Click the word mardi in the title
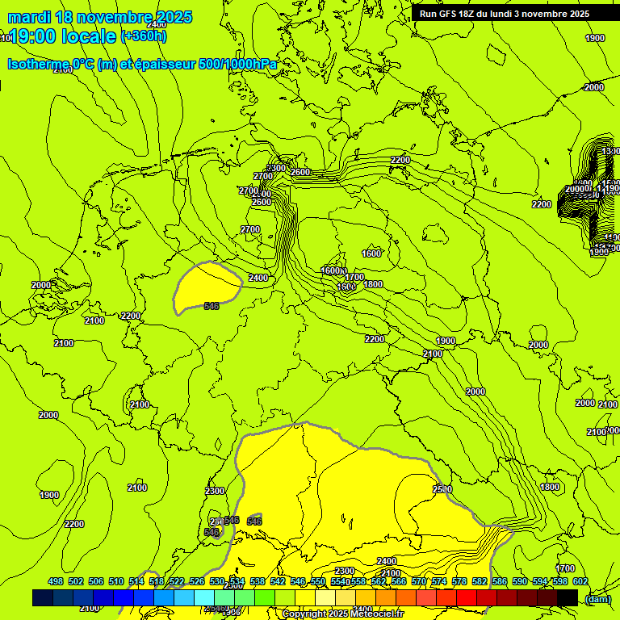point(30,17)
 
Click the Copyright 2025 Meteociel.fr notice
point(342,614)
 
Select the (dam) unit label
point(597,598)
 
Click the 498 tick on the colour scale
point(56,581)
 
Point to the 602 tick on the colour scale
point(580,581)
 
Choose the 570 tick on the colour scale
point(419,581)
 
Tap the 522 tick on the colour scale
point(177,581)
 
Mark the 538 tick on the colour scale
point(258,581)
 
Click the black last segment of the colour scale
point(568,597)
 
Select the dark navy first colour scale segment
point(43,597)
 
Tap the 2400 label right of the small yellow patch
point(258,278)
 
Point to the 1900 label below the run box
point(595,38)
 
